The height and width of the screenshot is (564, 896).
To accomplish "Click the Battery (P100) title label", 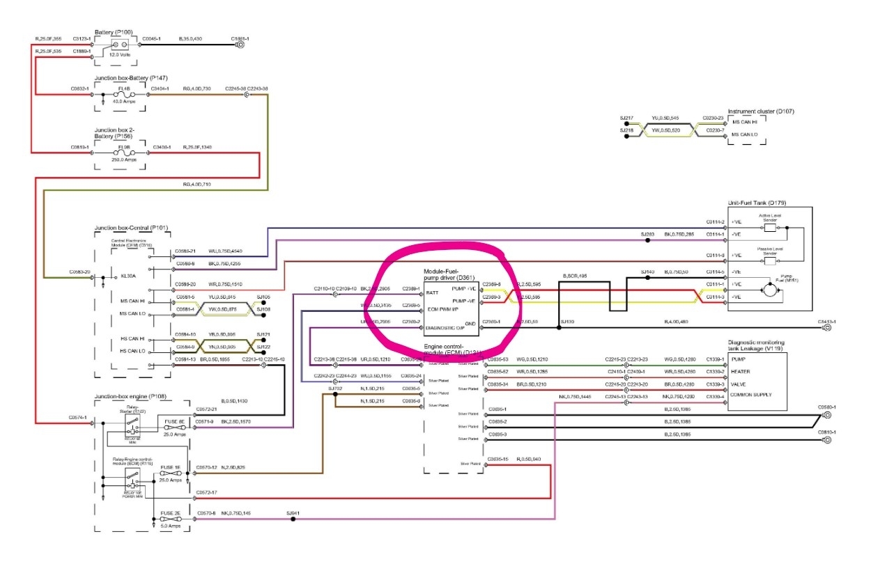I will click(x=116, y=32).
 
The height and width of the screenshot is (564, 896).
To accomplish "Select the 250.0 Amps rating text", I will click(x=124, y=160).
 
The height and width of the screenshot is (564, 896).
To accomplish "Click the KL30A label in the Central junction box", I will click(x=128, y=275).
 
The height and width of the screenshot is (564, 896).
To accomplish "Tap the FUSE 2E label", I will click(x=171, y=513).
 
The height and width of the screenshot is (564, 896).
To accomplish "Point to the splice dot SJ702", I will click(x=335, y=393).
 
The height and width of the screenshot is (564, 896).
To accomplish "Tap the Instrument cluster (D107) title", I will click(x=761, y=111).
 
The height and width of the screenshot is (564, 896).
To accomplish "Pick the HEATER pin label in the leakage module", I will click(x=740, y=371).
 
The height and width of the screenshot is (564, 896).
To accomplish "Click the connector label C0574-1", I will click(x=78, y=417).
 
